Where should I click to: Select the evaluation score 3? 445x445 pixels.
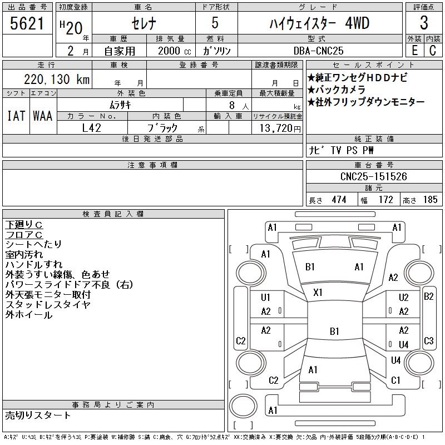pyautogui.click(x=424, y=23)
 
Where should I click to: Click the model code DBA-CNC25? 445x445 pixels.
pyautogui.click(x=319, y=50)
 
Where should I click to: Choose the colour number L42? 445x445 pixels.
pyautogui.click(x=91, y=127)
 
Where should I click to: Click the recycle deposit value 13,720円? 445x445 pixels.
pyautogui.click(x=276, y=127)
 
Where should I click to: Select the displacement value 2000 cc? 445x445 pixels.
pyautogui.click(x=170, y=50)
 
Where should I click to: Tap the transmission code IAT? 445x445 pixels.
pyautogui.click(x=16, y=116)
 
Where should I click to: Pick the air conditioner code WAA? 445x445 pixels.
pyautogui.click(x=43, y=116)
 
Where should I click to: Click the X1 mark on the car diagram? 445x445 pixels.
pyautogui.click(x=318, y=292)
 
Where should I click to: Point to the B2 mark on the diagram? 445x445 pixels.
pyautogui.click(x=428, y=296)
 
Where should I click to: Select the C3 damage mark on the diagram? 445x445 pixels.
pyautogui.click(x=428, y=341)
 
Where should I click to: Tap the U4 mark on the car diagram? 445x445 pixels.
pyautogui.click(x=403, y=345)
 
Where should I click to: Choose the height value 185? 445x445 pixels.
pyautogui.click(x=430, y=200)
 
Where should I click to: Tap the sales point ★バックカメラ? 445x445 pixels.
pyautogui.click(x=336, y=90)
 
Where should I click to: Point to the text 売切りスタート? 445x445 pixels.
pyautogui.click(x=38, y=415)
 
